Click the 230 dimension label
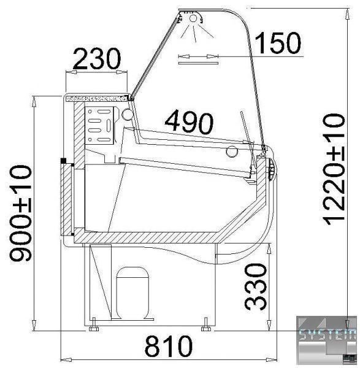pos(97,59)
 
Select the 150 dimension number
pos(278,43)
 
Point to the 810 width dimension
pos(168,346)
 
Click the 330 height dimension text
pos(256,287)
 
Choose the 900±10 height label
pos(20,213)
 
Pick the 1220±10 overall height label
pos(333,169)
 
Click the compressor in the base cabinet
pos(133,293)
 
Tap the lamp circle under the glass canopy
pos(193,18)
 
